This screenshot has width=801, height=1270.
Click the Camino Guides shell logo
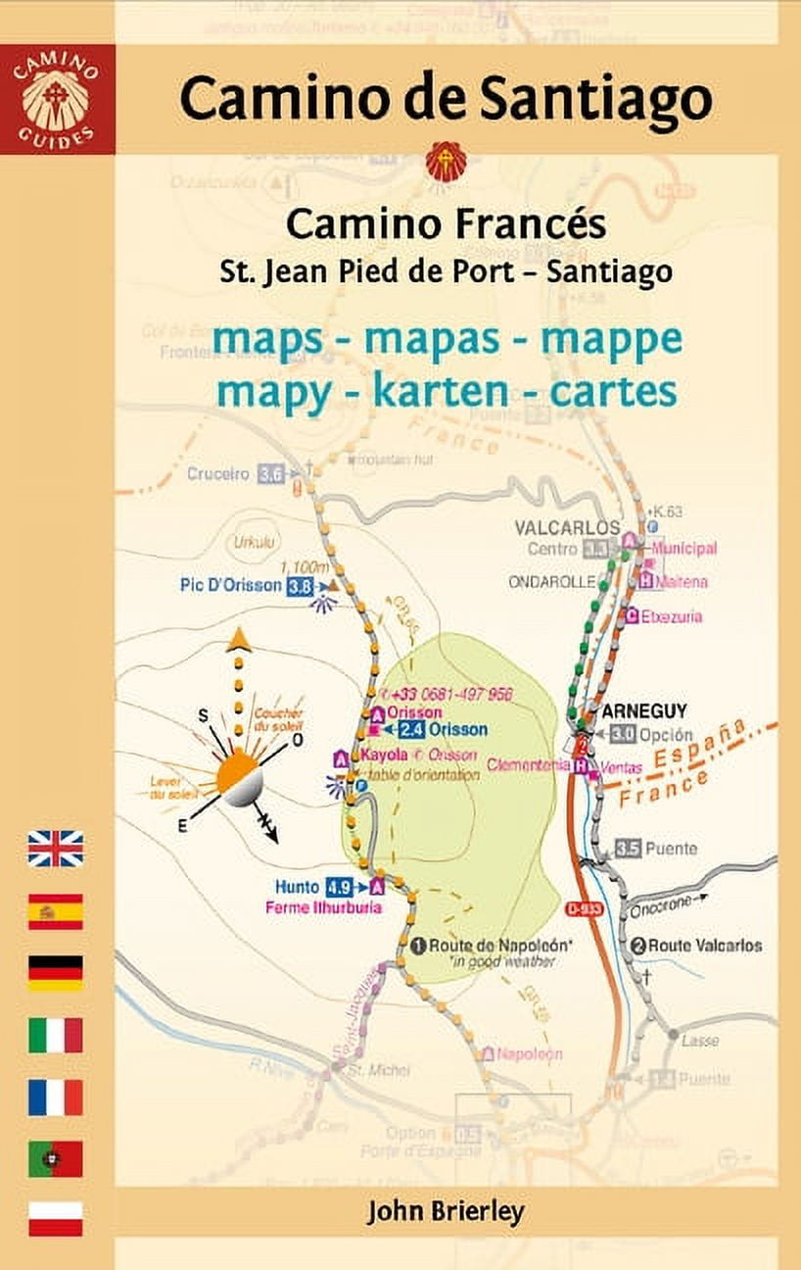[57, 99]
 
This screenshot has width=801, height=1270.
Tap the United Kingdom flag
[55, 849]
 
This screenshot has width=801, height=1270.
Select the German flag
[55, 972]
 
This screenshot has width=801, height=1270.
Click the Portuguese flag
[55, 1158]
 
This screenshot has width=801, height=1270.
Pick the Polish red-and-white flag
[55, 1219]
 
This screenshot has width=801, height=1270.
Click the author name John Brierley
[446, 1211]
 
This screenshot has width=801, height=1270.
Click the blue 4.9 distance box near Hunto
[339, 888]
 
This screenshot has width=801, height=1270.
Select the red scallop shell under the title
[446, 162]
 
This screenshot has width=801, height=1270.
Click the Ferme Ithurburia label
[323, 908]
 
